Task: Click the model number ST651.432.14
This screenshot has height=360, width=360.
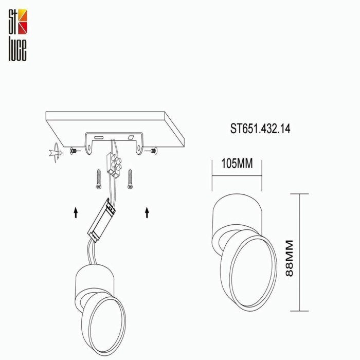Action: [x=260, y=129]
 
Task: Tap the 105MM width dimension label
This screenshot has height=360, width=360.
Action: [x=237, y=164]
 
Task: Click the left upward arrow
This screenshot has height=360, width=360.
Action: [x=76, y=211]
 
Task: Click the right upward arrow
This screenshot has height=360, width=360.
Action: [x=147, y=211]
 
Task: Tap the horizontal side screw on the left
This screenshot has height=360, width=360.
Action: [x=76, y=151]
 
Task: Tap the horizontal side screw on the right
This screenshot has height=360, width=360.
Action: [x=153, y=151]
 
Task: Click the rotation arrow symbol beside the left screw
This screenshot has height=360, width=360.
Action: [x=53, y=152]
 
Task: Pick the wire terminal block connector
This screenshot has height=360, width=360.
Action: [x=114, y=164]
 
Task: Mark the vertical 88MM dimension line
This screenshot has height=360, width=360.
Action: [x=300, y=252]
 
